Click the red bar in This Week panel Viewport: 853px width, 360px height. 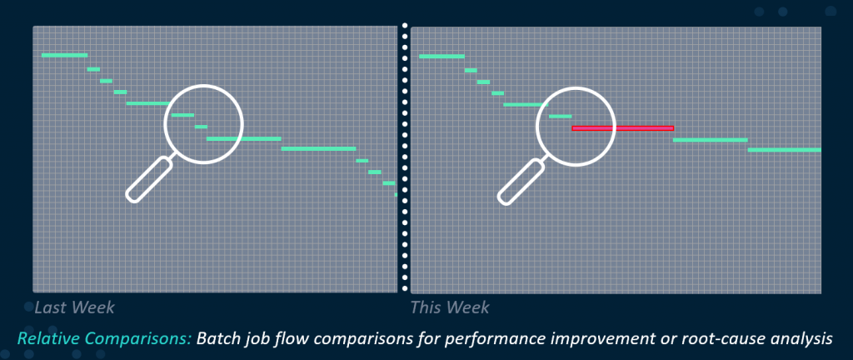pyautogui.click(x=623, y=128)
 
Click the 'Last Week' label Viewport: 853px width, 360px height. pyautogui.click(x=74, y=307)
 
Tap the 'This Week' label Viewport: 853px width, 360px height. pyautogui.click(x=450, y=307)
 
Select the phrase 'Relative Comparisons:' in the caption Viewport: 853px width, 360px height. pyautogui.click(x=104, y=339)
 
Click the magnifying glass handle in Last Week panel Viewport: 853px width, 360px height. pyautogui.click(x=149, y=179)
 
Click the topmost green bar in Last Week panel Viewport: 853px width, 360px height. pyautogui.click(x=64, y=55)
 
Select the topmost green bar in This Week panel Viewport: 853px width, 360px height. pyautogui.click(x=441, y=56)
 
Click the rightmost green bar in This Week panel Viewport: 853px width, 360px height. pyautogui.click(x=785, y=149)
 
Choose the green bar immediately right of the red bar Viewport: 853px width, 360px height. pyautogui.click(x=711, y=140)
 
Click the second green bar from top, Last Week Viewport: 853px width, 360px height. pyautogui.click(x=93, y=69)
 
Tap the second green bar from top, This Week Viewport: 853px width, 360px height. pyautogui.click(x=471, y=70)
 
